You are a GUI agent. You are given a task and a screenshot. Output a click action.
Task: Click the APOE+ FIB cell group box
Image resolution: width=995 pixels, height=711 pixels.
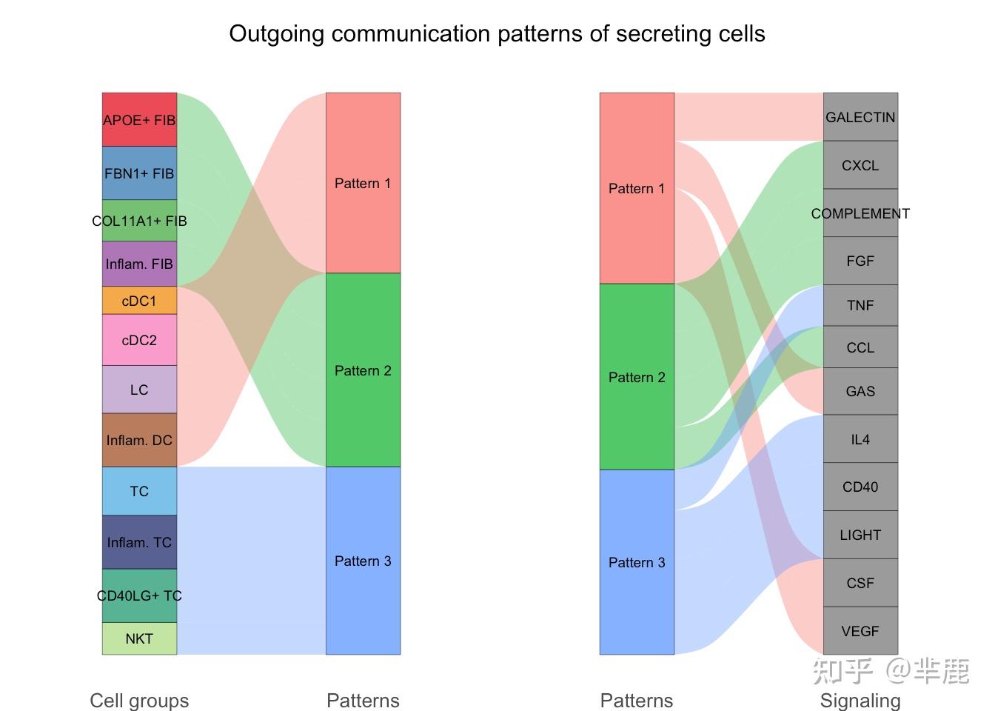(139, 119)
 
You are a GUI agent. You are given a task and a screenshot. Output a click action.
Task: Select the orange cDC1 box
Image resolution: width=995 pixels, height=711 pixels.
(139, 301)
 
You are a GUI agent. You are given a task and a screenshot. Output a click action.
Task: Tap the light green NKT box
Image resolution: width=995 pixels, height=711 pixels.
(139, 638)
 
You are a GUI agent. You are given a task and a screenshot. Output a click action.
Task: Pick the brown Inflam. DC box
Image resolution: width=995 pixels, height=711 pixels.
(139, 440)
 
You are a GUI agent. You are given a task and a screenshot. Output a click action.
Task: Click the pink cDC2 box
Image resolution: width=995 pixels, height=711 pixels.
(139, 340)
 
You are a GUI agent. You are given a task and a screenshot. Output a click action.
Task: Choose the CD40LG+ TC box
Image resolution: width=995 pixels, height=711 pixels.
(139, 595)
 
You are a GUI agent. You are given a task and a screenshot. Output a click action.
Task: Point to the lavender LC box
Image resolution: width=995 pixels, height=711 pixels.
(139, 390)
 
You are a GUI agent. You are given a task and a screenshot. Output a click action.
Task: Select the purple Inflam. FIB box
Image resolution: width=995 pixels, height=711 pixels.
(139, 264)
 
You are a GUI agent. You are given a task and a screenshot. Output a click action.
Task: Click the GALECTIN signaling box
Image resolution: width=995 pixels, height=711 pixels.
(860, 117)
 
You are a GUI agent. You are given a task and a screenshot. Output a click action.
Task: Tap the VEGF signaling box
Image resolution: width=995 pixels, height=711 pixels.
(860, 631)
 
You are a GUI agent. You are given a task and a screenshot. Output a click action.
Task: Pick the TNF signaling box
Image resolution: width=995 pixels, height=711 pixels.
(860, 305)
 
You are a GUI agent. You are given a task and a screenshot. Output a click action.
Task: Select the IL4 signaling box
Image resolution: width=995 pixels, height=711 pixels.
(860, 439)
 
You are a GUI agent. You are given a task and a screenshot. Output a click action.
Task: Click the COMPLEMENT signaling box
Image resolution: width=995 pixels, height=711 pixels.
(860, 213)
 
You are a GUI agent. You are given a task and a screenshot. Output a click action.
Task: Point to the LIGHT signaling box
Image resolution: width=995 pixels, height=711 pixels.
(860, 535)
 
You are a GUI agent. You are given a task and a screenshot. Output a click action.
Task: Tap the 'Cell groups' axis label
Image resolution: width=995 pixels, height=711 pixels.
(139, 700)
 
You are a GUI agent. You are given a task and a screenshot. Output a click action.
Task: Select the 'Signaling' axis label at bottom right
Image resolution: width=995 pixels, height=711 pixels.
(860, 700)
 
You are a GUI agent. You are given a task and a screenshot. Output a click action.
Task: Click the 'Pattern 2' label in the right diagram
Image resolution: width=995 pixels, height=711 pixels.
(637, 377)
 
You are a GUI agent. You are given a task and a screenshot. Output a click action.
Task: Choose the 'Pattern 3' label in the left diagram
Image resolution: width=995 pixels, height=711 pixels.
(363, 561)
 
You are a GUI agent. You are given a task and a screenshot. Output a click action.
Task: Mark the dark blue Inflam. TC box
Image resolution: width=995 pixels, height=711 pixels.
(139, 542)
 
